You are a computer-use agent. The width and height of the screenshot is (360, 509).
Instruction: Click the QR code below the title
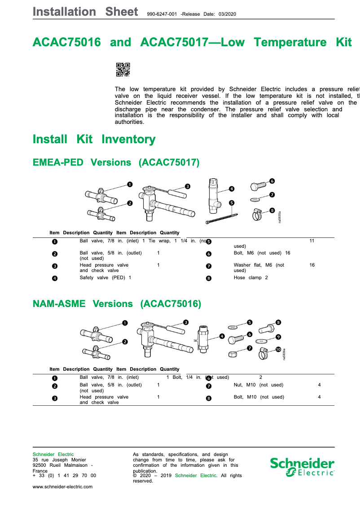point(123,70)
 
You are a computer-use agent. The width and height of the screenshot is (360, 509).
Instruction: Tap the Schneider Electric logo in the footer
point(302,467)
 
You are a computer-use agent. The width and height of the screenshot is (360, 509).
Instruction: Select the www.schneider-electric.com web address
point(63,487)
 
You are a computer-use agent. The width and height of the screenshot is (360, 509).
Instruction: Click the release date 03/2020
point(227,14)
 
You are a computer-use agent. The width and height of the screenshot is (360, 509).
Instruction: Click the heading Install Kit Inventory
point(94,139)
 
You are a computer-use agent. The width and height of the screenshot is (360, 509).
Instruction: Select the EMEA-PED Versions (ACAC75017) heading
point(116,162)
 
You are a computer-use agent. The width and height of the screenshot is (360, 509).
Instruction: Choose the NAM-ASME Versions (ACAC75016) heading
point(117,304)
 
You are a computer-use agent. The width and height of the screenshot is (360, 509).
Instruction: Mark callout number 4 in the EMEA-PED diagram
point(232,189)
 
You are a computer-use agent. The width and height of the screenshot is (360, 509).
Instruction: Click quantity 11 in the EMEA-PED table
point(312,241)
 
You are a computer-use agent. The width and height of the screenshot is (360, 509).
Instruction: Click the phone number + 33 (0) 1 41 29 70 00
point(64,476)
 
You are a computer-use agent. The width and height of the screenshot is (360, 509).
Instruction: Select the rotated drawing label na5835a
point(280,217)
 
